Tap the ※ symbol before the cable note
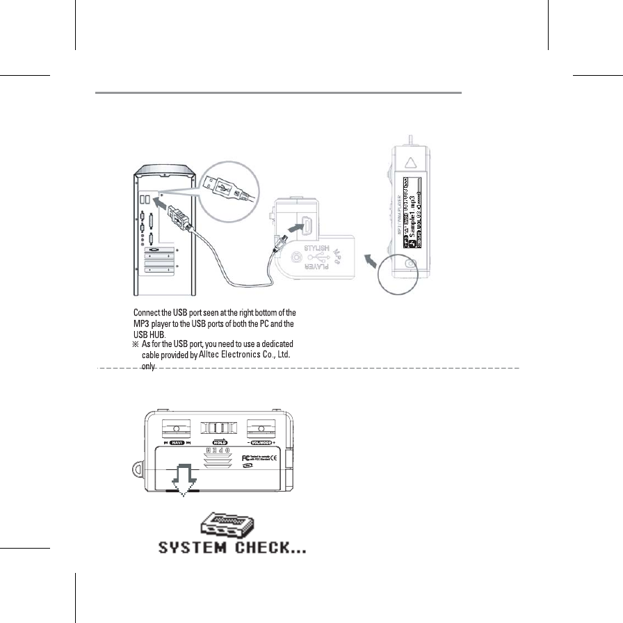[136, 344]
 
